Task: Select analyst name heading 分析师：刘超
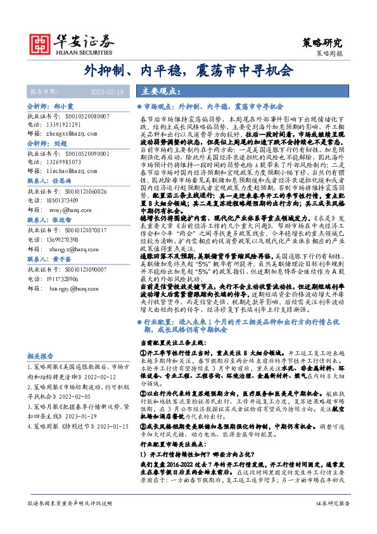[x=47, y=144]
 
